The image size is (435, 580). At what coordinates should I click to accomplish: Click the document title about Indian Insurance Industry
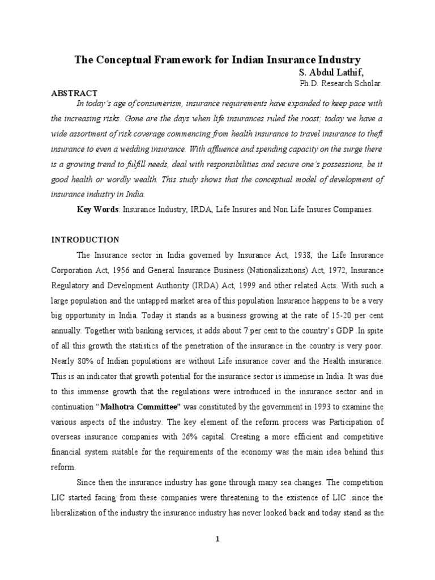click(x=217, y=60)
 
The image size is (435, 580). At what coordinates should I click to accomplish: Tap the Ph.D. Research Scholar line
click(x=341, y=83)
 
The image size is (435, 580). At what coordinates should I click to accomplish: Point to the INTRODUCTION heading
click(x=86, y=240)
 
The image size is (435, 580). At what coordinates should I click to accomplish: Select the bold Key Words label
click(x=97, y=210)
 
